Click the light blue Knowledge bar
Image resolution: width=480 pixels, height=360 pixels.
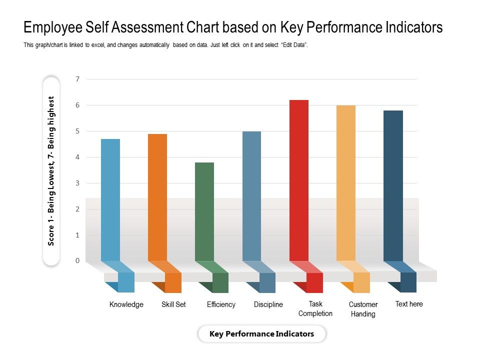110,200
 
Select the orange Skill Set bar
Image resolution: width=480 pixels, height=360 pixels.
157,197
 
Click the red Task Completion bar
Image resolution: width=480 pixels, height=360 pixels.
299,180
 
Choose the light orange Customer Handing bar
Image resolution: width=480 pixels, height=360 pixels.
346,183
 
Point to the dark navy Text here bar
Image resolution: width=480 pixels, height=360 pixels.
393,185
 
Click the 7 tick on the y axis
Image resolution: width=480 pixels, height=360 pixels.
77,79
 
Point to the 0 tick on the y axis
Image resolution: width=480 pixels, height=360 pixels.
77,260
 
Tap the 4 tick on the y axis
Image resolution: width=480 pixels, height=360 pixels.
77,157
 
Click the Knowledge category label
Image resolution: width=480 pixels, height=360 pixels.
126,304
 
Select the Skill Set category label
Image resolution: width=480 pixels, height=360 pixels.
173,304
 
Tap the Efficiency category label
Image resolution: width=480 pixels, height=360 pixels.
221,304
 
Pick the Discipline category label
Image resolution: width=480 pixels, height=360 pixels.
268,304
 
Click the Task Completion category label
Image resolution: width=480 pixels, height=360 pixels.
315,308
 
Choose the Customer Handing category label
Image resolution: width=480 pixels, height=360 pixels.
363,309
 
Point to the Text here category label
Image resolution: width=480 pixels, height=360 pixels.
409,304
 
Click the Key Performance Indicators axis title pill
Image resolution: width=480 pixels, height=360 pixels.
262,334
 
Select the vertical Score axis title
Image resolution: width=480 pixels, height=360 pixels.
51,170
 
